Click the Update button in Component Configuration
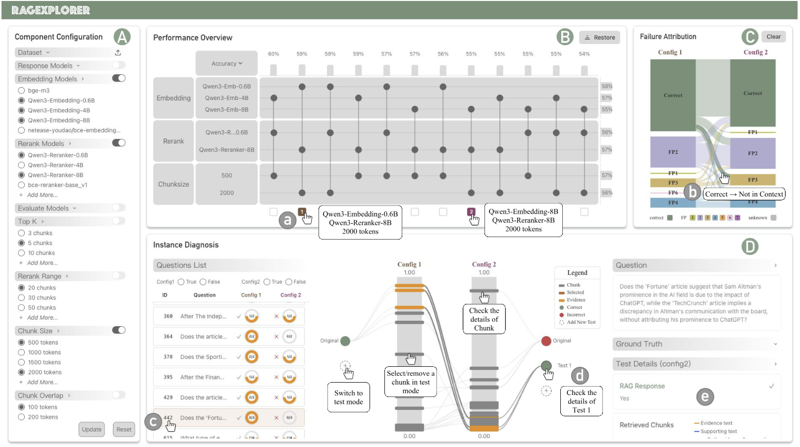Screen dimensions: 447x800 (92, 429)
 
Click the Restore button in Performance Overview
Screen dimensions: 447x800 (599, 37)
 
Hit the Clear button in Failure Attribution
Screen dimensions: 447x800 (773, 37)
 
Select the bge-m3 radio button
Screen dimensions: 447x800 (21, 91)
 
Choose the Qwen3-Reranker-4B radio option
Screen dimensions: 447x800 (21, 165)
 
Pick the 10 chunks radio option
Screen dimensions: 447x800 (21, 253)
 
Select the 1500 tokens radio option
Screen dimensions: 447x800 (21, 362)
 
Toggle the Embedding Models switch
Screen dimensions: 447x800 (119, 78)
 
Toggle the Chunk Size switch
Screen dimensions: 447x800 (119, 330)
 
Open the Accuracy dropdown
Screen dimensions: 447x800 (226, 63)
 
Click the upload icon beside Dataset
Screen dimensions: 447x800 (118, 52)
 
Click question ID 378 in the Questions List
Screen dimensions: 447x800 (168, 357)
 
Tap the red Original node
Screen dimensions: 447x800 (546, 341)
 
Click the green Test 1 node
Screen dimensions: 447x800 (546, 365)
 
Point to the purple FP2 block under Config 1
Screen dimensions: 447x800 (673, 152)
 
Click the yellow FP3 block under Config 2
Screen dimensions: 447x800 (752, 180)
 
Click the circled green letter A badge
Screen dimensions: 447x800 (122, 37)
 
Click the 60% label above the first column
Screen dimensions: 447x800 (273, 54)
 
